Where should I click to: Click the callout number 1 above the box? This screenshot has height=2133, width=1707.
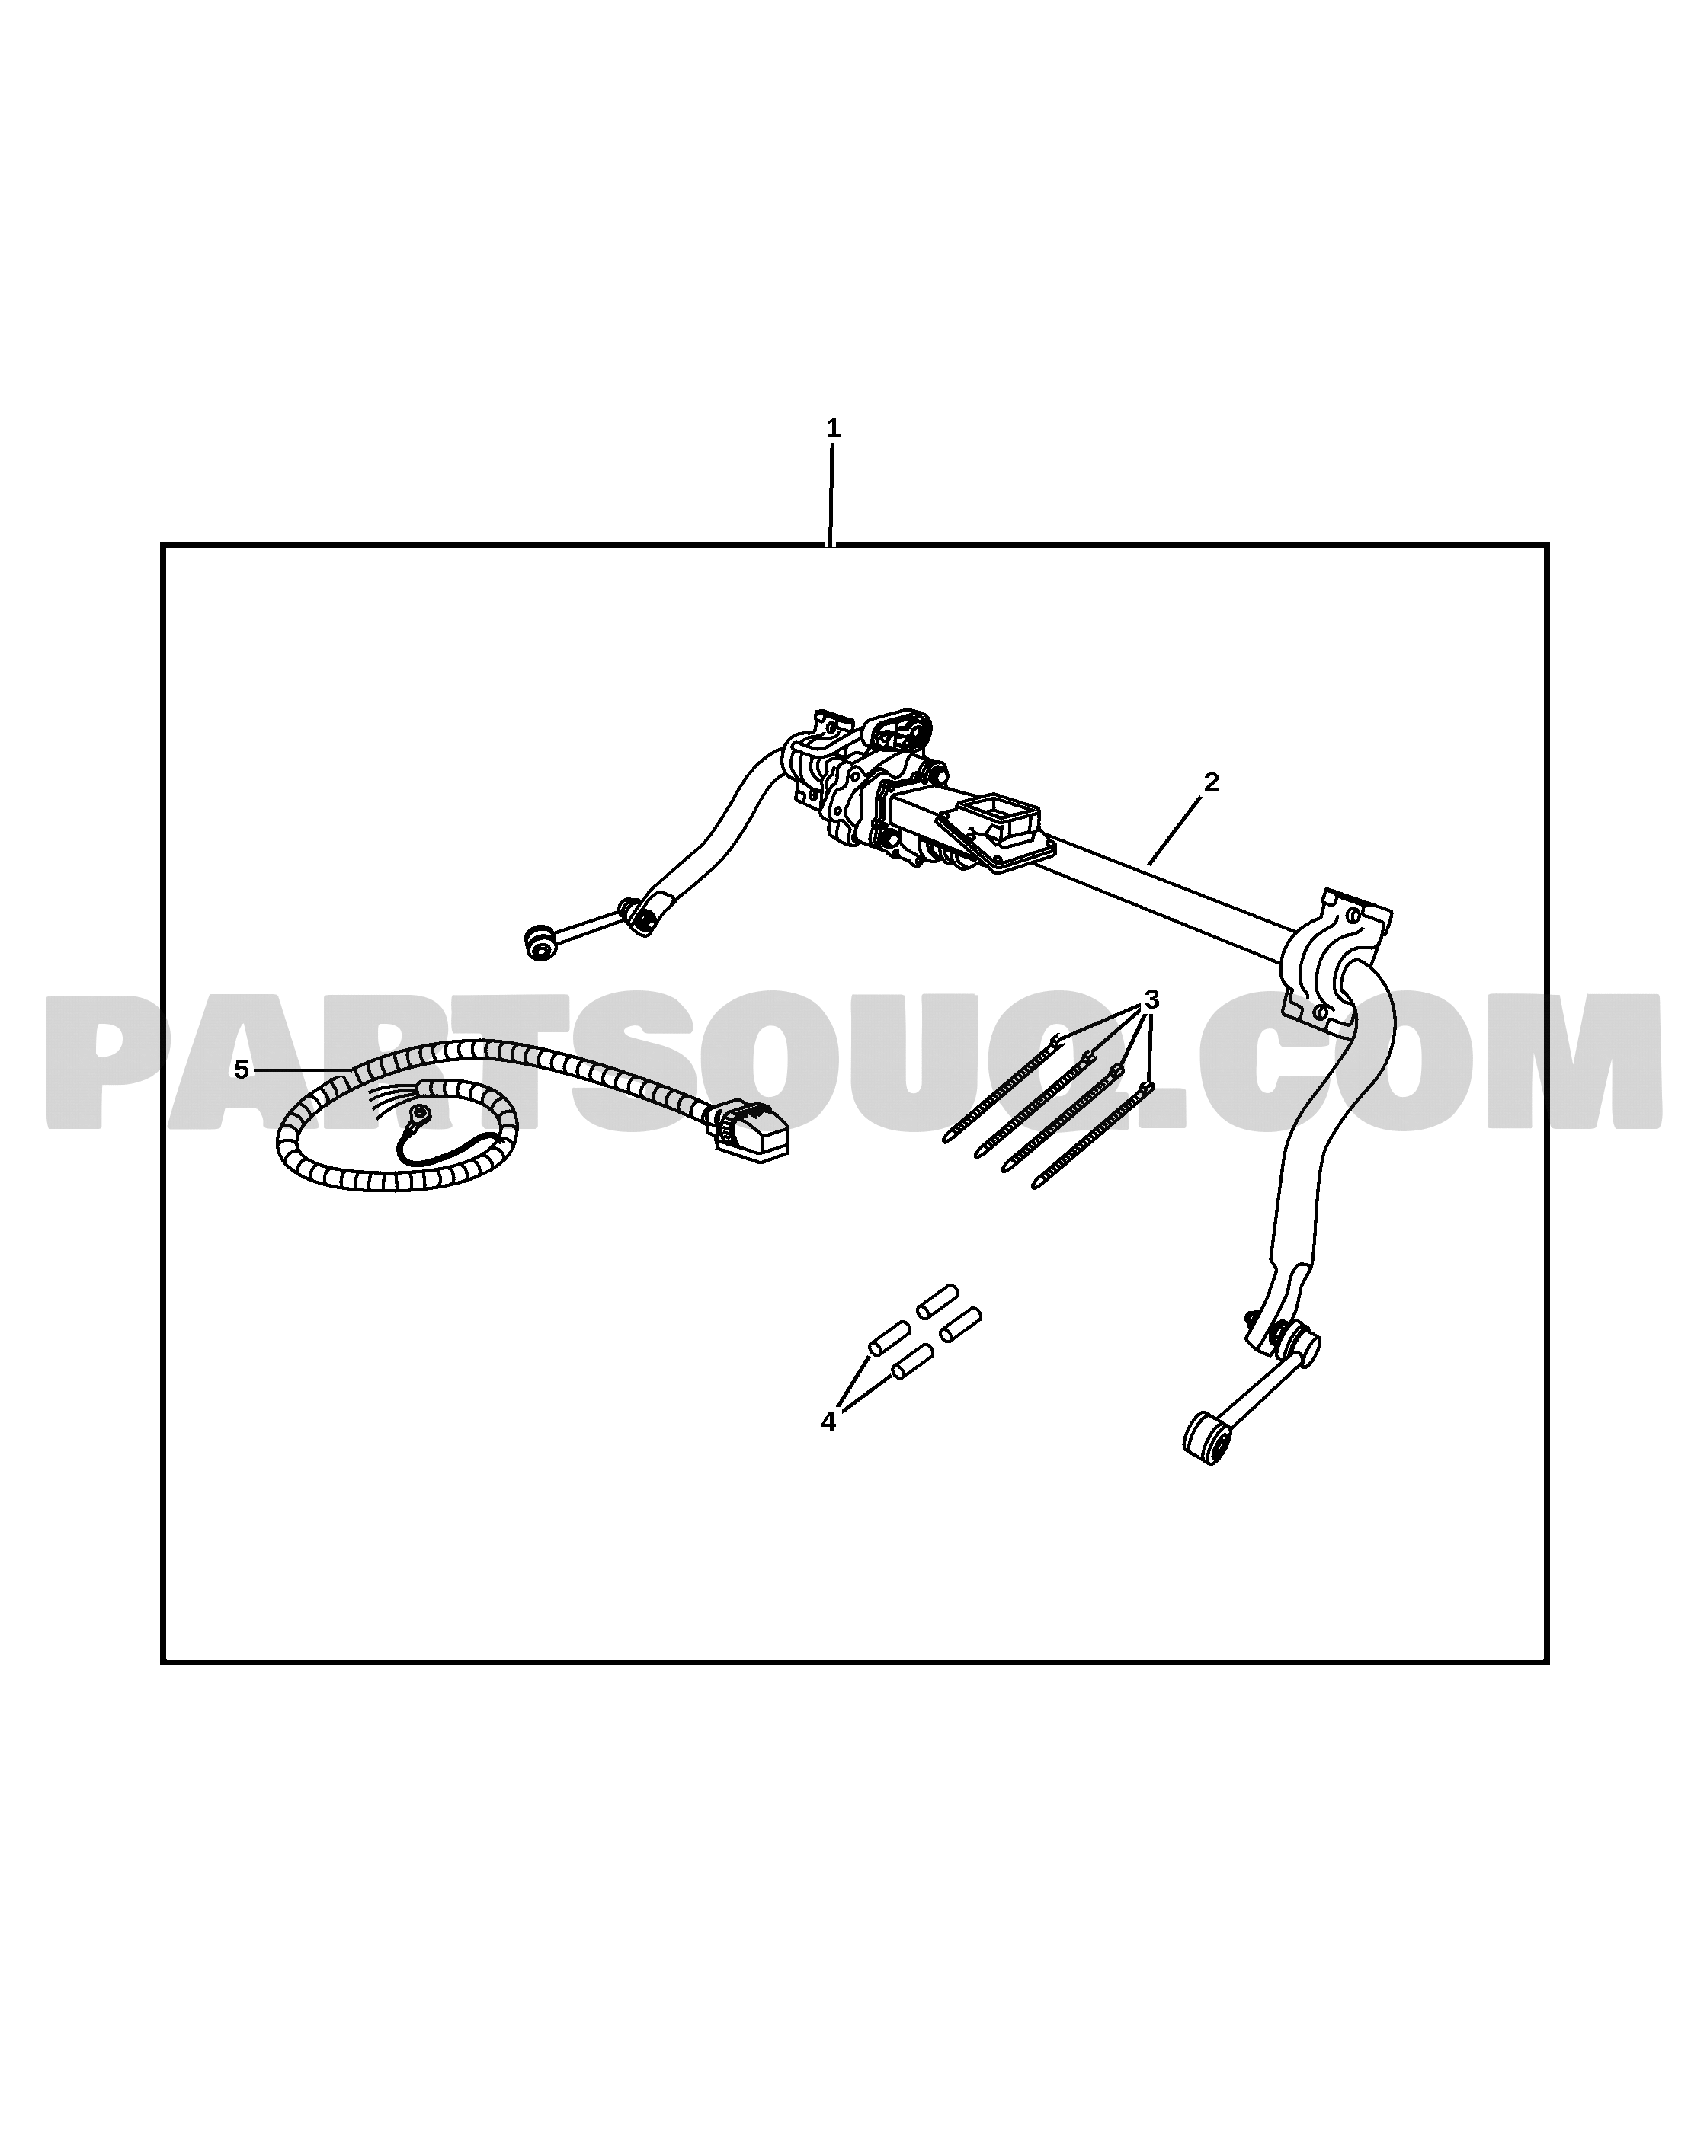tap(832, 428)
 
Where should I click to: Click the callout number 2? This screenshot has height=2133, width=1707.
tap(1210, 782)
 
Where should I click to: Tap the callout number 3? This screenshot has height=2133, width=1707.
tap(1151, 1000)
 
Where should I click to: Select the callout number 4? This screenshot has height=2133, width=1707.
tap(828, 1421)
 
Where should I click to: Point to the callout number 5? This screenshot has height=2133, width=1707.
tap(241, 1070)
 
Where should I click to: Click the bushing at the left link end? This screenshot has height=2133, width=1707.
tap(540, 941)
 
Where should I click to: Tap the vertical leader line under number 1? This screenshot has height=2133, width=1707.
tap(831, 494)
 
